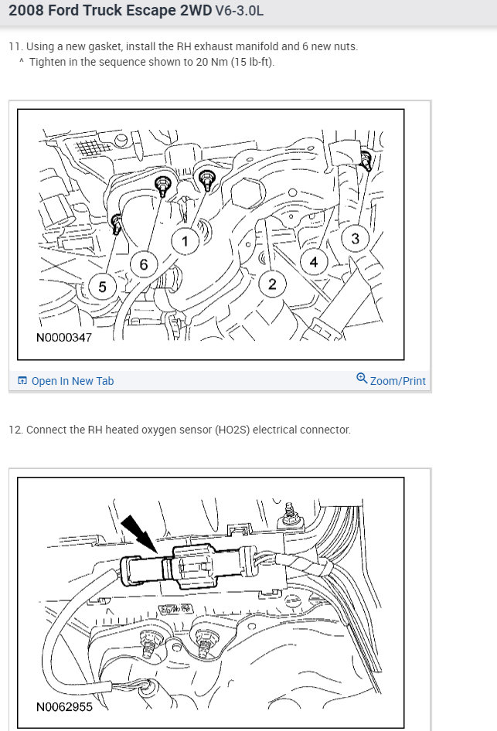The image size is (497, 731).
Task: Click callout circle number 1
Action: pos(185,241)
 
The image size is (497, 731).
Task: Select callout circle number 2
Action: pos(272,284)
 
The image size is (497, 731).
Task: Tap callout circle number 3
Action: pos(356,238)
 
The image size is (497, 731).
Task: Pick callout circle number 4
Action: pos(314,262)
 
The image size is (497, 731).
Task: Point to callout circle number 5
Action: pos(102,286)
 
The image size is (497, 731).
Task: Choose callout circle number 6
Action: pos(144,264)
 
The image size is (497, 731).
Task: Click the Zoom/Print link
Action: pos(398,381)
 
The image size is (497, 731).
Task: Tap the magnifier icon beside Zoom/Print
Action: pos(362,378)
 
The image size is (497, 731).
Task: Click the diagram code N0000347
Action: pos(64,337)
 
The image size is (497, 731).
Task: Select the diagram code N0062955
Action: pos(64,707)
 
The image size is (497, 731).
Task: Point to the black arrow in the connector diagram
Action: pos(139,534)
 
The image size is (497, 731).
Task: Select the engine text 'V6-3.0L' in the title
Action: pos(239,10)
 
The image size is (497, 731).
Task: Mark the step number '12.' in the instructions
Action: pos(15,430)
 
